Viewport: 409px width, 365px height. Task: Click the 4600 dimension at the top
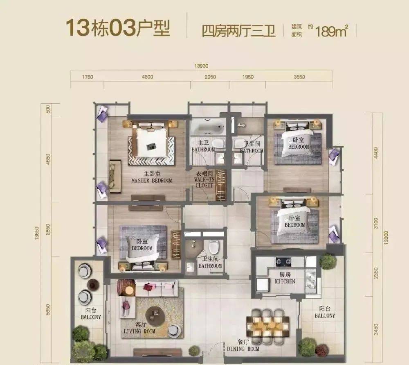point(147,77)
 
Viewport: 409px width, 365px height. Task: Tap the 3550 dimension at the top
point(299,77)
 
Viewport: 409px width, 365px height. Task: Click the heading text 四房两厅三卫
point(238,31)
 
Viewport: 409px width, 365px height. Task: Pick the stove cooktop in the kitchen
point(283,261)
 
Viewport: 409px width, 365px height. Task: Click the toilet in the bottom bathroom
point(214,247)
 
